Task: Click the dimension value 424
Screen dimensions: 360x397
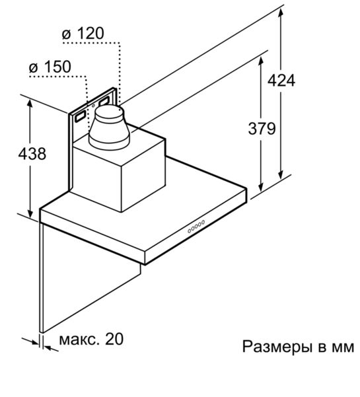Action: [281, 81]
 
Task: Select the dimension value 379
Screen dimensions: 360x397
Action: [262, 128]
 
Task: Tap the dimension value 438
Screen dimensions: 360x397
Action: [32, 153]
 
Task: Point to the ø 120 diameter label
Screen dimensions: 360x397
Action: [83, 33]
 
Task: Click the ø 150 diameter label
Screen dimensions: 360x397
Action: [50, 67]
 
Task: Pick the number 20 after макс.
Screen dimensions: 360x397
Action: [114, 339]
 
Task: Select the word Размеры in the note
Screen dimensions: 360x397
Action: [277, 347]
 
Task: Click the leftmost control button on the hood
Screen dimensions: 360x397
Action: [190, 231]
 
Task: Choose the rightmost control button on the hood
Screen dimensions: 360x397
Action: [203, 222]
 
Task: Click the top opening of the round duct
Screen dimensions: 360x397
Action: [109, 112]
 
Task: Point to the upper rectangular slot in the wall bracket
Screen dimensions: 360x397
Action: [104, 102]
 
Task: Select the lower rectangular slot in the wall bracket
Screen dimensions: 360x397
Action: [80, 117]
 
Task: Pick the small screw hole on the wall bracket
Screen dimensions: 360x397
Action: [93, 106]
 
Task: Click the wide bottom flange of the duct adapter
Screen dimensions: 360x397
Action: [109, 144]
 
